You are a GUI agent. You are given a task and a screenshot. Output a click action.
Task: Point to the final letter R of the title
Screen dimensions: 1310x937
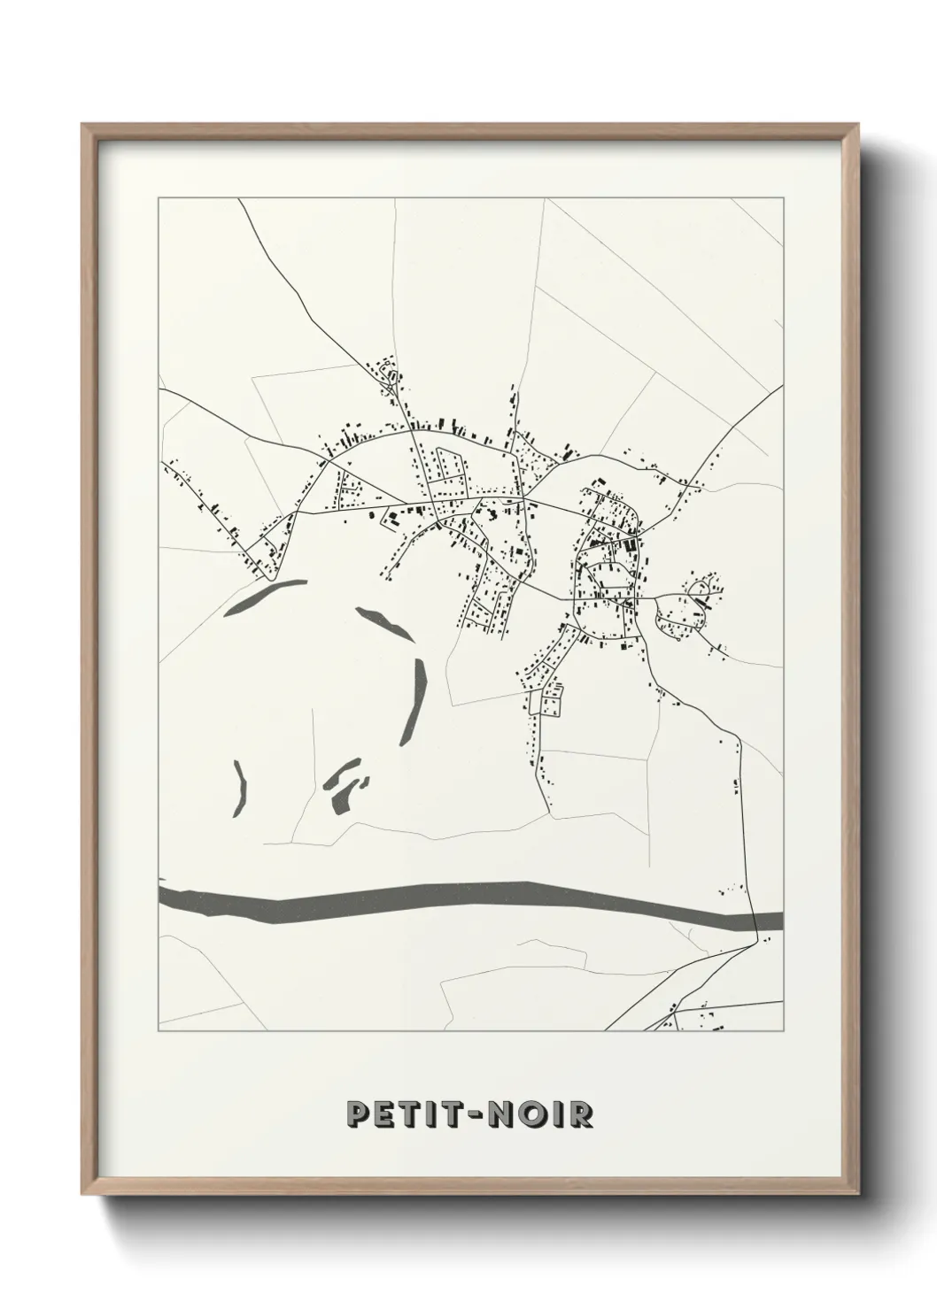pos(580,1114)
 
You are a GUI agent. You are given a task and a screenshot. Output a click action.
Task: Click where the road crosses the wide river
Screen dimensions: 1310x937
pos(754,921)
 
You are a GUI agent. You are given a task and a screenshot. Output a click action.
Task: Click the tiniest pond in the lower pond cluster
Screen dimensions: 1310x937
pos(363,781)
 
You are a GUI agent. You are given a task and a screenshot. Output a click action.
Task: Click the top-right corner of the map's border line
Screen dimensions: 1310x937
pos(783,199)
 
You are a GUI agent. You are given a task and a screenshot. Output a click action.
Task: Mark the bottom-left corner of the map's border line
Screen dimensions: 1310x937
pos(158,1031)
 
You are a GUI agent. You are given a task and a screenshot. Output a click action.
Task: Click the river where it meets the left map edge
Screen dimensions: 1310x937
pos(161,894)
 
